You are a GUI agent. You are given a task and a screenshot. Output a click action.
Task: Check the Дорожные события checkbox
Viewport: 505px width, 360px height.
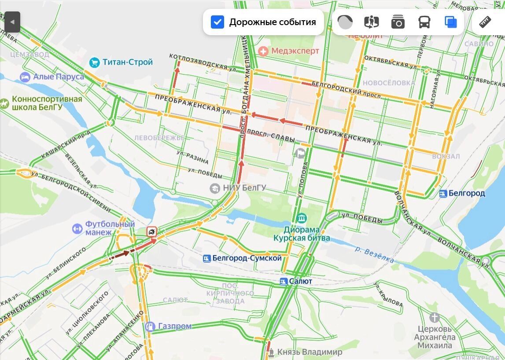coord(217,22)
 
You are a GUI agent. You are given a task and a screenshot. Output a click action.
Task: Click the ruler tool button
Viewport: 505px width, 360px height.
coord(485,22)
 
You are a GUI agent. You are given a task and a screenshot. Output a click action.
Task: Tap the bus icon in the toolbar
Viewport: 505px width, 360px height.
coord(424,22)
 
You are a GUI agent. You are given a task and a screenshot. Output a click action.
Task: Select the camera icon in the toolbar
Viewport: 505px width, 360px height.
coord(398,22)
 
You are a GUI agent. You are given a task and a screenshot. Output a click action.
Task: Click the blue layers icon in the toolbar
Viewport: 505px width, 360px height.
coord(450,22)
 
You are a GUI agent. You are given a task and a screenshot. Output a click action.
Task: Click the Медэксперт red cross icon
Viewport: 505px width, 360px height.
coord(263,51)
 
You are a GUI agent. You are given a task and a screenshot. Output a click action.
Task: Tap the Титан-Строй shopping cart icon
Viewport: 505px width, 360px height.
coord(94,62)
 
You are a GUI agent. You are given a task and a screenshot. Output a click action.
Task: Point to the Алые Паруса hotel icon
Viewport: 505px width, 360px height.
coord(25,77)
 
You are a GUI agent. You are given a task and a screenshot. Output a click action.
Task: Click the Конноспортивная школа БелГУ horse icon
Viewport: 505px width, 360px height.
coord(4,104)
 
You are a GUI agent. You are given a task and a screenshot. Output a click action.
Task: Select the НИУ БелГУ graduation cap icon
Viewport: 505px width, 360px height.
coord(215,188)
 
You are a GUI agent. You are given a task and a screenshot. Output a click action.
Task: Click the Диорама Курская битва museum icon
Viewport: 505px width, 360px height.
coord(301,218)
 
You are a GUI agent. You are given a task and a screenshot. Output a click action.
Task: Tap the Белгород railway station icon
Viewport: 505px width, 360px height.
coord(443,194)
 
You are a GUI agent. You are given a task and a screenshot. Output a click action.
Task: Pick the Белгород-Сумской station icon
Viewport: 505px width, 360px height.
coord(206,258)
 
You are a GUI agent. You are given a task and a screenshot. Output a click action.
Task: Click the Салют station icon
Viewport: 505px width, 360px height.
coord(284,281)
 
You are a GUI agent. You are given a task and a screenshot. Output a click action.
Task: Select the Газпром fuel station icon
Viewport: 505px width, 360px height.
coord(150,326)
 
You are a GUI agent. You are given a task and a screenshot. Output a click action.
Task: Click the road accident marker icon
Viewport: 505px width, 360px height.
coord(151,231)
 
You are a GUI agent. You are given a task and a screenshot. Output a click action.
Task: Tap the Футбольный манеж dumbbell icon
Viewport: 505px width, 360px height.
coord(77,229)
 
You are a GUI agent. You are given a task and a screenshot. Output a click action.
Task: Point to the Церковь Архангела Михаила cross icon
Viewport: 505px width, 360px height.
coord(434,317)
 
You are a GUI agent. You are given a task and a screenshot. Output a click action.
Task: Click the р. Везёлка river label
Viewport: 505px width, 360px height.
coord(374,254)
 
